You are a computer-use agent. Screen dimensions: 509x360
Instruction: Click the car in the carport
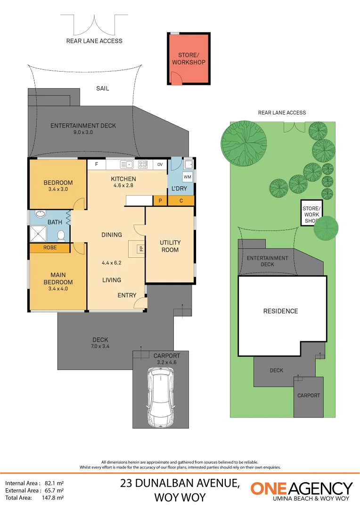point(161,397)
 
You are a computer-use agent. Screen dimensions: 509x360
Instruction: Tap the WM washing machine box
point(187,177)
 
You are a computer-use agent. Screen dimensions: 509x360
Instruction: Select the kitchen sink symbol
point(127,164)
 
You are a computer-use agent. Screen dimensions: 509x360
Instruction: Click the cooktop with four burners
point(143,164)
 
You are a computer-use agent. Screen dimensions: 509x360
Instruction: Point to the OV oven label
point(160,164)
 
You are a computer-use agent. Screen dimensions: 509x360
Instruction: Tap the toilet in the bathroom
point(60,235)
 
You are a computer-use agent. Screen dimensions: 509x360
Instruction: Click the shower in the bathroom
point(39,234)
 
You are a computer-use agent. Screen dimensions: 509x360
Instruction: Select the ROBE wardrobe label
point(50,247)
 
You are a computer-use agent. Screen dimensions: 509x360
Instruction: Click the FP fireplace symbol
point(140,248)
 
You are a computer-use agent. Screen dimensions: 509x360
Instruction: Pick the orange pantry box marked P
point(160,201)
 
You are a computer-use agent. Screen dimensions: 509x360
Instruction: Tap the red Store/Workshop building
point(188,58)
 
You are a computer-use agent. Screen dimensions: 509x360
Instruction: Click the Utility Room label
point(170,246)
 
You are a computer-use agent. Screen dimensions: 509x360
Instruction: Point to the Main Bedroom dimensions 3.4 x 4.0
point(58,288)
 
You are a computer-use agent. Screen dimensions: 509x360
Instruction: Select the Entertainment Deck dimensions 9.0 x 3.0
point(83,132)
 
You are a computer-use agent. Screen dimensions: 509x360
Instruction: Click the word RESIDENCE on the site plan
point(280,311)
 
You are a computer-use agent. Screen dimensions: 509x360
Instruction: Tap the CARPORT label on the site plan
point(308,395)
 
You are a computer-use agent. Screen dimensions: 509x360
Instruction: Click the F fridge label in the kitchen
point(97,164)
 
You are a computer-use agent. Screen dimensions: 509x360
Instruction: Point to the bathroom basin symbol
point(40,213)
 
